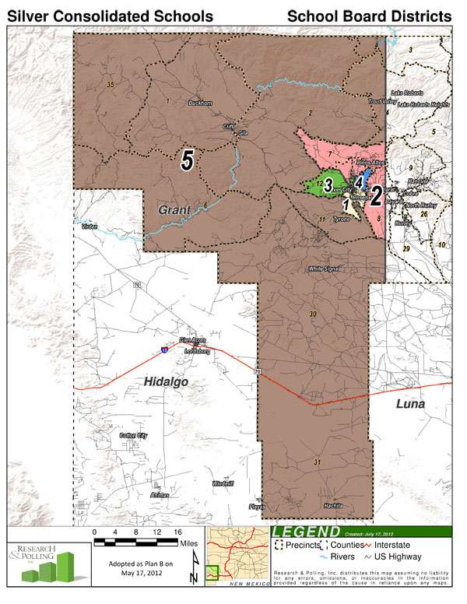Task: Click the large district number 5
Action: pyautogui.click(x=187, y=160)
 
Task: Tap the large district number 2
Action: pyautogui.click(x=376, y=195)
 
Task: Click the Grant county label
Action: pyautogui.click(x=175, y=210)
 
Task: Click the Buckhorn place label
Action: pyautogui.click(x=200, y=104)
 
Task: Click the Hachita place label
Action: pyautogui.click(x=333, y=505)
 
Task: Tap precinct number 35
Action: pyautogui.click(x=111, y=84)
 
